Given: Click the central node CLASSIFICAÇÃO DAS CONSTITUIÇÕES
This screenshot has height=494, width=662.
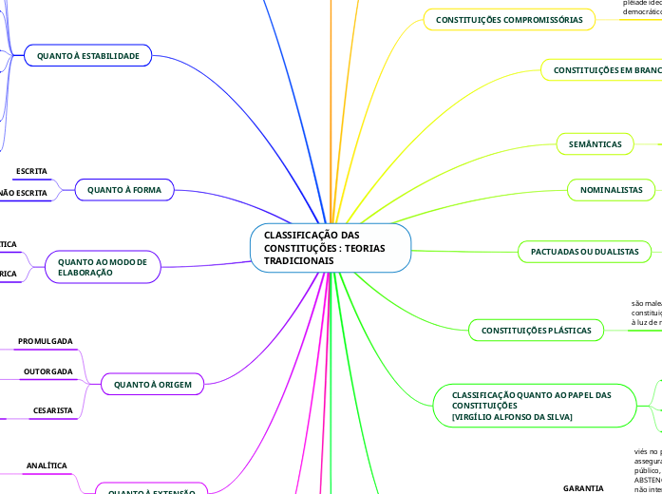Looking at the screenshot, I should (x=331, y=247).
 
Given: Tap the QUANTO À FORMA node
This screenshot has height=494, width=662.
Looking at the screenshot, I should (x=124, y=190).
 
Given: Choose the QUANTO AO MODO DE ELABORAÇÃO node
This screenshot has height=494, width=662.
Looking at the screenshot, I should (x=102, y=266).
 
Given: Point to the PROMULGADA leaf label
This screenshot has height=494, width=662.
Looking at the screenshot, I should (x=46, y=340).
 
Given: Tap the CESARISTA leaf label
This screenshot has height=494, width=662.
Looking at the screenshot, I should (x=53, y=410).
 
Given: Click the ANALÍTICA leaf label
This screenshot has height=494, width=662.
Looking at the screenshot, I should (x=47, y=465).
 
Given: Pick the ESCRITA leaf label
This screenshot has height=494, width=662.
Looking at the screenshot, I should (x=31, y=171).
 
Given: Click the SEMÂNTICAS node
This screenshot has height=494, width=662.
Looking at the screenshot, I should (x=595, y=143).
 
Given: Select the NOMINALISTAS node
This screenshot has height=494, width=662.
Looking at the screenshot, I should (x=611, y=190).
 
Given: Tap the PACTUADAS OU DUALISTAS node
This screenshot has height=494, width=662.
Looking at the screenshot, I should (x=584, y=251).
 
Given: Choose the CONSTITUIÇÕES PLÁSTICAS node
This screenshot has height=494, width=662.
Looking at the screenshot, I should (x=536, y=331).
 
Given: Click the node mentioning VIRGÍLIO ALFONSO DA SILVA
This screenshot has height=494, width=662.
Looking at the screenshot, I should (x=532, y=406).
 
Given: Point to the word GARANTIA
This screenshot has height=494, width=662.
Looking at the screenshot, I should (x=583, y=487).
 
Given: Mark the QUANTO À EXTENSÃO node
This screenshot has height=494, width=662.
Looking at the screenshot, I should (x=152, y=491).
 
